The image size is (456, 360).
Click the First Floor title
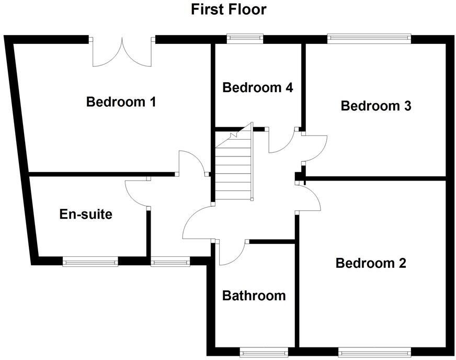(229, 9)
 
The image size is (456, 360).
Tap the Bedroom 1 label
(121, 102)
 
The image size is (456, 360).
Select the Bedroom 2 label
(371, 263)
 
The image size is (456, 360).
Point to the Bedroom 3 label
(375, 106)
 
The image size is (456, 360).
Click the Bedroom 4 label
(257, 87)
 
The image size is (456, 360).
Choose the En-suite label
(86, 214)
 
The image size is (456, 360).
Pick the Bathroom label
(254, 296)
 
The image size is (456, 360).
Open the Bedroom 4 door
(280, 141)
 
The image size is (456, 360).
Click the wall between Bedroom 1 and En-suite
(102, 174)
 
